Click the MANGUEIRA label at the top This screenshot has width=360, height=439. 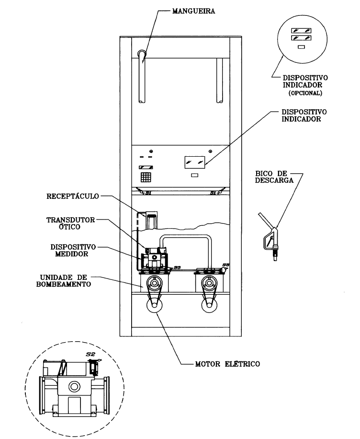click(193, 11)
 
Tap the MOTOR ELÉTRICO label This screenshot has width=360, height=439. click(227, 364)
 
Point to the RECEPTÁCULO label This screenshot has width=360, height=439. click(73, 196)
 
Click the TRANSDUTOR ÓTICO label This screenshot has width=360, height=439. click(71, 223)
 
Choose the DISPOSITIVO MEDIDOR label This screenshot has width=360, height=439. click(73, 251)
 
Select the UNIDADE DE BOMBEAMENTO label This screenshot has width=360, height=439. click(64, 281)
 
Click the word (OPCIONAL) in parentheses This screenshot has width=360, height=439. click(305, 93)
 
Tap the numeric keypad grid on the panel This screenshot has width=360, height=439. click(146, 177)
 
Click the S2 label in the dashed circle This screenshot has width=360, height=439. click(90, 354)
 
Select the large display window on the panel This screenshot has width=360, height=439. click(195, 162)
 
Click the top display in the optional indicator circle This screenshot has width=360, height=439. click(301, 30)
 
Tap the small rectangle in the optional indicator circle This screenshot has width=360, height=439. click(301, 47)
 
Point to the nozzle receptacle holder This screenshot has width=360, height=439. click(151, 220)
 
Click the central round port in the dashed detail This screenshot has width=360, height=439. click(74, 387)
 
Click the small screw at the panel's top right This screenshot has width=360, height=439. click(210, 151)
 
